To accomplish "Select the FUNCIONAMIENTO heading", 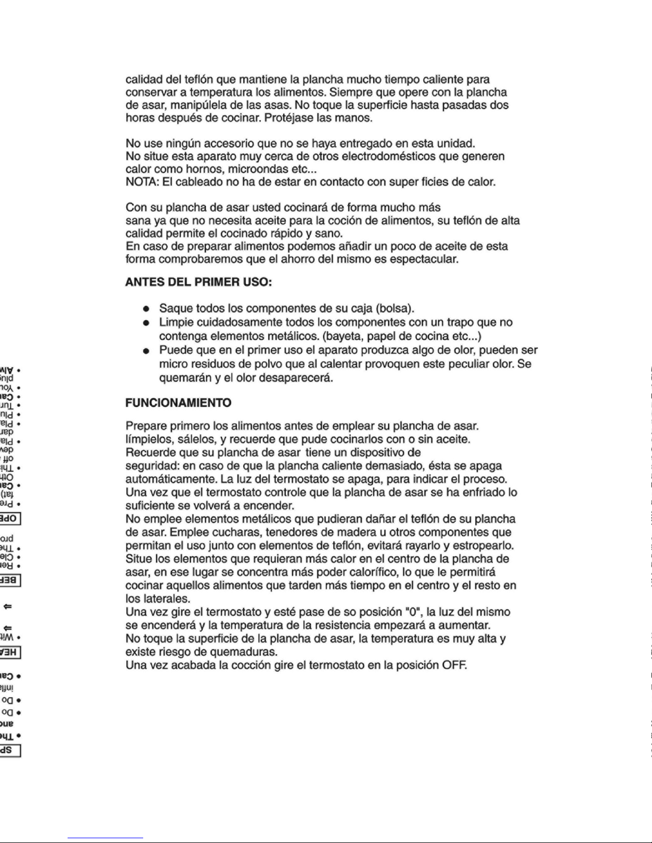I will pyautogui.click(x=178, y=403).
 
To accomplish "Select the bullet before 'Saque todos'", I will pyautogui.click(x=146, y=309).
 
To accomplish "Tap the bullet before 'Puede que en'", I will pyautogui.click(x=146, y=350).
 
